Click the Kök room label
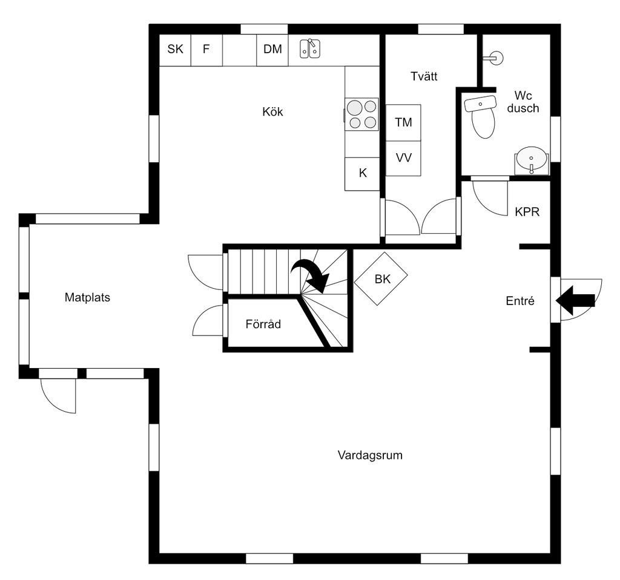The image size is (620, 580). pos(272,112)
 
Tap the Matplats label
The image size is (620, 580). pos(87,297)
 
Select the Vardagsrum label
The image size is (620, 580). pos(370,455)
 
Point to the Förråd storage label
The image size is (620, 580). pos(263,324)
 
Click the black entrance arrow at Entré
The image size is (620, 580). pos(575,300)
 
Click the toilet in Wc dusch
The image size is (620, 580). pos(481,117)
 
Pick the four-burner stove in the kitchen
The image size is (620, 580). pos(361,114)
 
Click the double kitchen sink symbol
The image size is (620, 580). pos(309,48)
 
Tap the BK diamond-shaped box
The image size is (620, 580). pos(381,278)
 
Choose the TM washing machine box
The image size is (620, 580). pos(403,122)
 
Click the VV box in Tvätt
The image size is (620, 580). pos(403,158)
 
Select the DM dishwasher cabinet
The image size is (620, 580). pos(272,50)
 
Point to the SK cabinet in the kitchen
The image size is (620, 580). pos(175,50)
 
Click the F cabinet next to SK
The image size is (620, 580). pos(207,50)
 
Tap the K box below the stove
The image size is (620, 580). pos(362,174)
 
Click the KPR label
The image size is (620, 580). pos(527,212)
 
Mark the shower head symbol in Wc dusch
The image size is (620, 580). pos(493,58)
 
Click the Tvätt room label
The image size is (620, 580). pos(424,76)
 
